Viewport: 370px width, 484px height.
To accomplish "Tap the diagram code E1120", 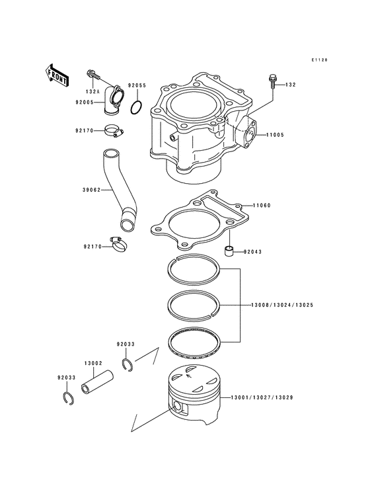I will click(320, 60).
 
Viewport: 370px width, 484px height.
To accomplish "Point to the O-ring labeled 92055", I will click(136, 107).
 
